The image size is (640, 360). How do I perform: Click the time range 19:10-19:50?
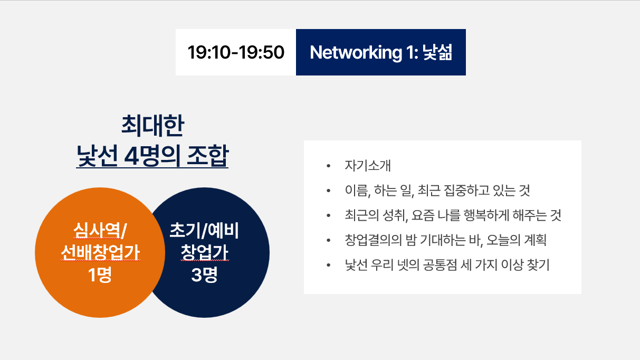click(236, 52)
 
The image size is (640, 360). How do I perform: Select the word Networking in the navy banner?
click(356, 53)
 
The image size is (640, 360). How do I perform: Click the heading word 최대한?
click(152, 126)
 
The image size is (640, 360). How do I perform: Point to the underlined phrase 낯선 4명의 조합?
click(152, 156)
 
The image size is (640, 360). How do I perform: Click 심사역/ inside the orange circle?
click(100, 231)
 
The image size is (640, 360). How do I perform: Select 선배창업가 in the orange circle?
click(100, 252)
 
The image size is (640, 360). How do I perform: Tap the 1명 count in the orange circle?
click(100, 274)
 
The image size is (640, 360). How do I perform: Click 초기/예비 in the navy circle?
click(204, 231)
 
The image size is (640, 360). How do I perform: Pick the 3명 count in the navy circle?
click(204, 274)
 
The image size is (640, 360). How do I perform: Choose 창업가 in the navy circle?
click(205, 252)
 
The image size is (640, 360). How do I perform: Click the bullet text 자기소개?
click(368, 166)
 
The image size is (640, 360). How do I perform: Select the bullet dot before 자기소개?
click(328, 166)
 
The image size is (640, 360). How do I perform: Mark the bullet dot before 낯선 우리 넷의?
click(328, 265)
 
